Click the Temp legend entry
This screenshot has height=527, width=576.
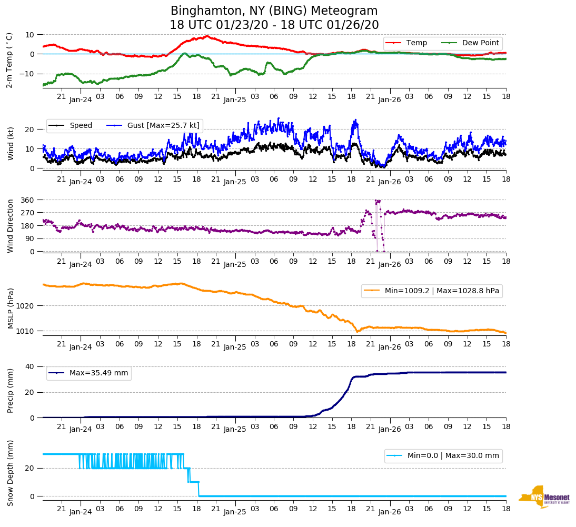[x=416, y=43]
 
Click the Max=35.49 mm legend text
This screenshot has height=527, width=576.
[x=98, y=373]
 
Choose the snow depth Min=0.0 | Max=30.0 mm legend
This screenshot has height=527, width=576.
[x=453, y=456]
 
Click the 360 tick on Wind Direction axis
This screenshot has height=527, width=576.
[x=27, y=200]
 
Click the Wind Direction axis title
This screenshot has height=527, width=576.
[x=11, y=226]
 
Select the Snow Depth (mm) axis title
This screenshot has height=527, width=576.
[x=11, y=473]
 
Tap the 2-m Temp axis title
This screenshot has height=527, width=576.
[x=9, y=60]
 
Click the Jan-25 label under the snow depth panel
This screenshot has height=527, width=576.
[x=235, y=512]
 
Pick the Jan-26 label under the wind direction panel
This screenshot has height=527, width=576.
[x=390, y=264]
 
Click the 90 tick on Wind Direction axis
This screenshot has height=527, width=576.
[x=29, y=239]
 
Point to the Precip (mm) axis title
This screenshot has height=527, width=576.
[x=11, y=392]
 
